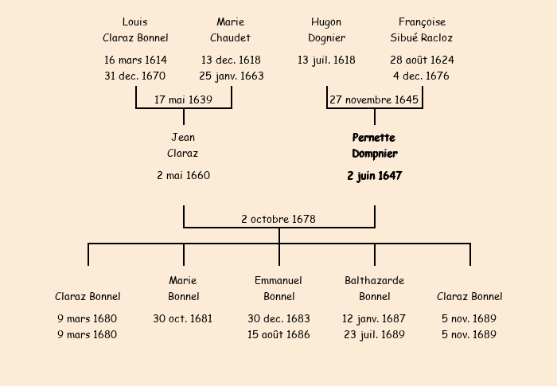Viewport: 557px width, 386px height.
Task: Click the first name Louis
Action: [x=135, y=21]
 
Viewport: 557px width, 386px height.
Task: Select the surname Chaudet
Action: [x=231, y=37]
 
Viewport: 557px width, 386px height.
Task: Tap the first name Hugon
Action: [x=326, y=21]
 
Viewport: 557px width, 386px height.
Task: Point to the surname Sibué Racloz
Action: [x=422, y=37]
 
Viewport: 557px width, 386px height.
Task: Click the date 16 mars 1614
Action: [x=135, y=60]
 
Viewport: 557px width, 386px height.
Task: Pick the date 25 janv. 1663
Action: [x=232, y=76]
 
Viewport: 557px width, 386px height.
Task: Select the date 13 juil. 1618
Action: [x=326, y=60]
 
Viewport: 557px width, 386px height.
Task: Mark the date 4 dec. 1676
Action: [x=421, y=76]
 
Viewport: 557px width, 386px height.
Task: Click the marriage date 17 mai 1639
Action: [x=183, y=99]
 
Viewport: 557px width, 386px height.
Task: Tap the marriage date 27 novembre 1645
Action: [x=374, y=99]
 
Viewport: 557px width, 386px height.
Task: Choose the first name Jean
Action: [x=183, y=137]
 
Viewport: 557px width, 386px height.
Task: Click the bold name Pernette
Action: [x=374, y=137]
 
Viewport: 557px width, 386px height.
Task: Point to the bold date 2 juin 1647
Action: [x=374, y=176]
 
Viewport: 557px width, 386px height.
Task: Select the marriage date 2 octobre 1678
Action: [x=278, y=218]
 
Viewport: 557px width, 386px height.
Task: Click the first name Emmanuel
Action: [x=278, y=280]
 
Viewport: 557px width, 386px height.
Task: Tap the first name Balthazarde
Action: [x=374, y=280]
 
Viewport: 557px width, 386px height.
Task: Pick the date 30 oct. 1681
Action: [x=183, y=318]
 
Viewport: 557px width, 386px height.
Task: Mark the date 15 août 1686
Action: [x=278, y=334]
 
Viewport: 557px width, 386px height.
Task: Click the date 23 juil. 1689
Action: [x=374, y=334]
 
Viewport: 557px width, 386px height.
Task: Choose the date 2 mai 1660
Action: [x=183, y=175]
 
